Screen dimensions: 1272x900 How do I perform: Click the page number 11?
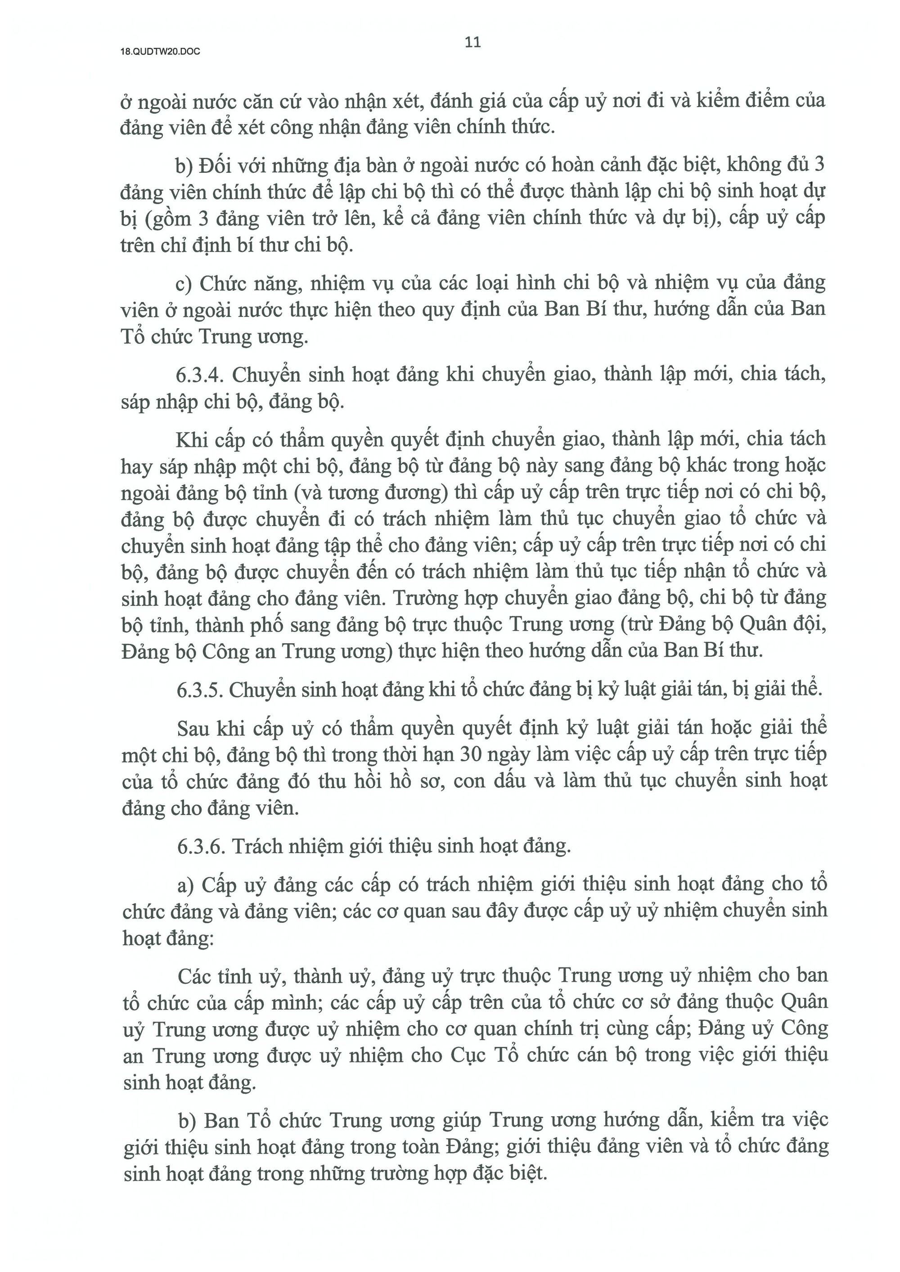pos(472,43)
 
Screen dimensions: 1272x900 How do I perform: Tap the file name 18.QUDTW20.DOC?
pos(160,52)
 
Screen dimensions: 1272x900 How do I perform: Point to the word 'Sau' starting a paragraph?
pos(193,728)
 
